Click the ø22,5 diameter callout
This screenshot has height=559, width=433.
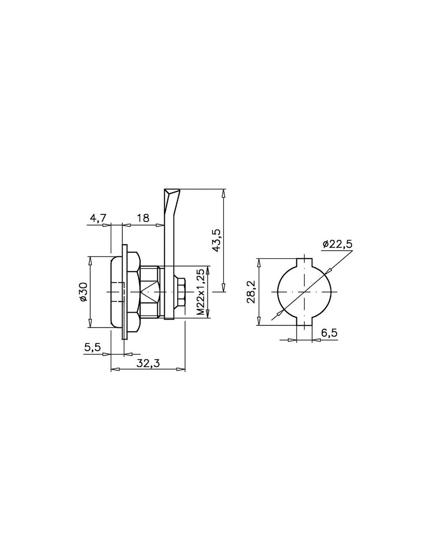click(x=337, y=243)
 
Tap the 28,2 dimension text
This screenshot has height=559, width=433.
click(x=252, y=292)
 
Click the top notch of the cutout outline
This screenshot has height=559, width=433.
click(x=304, y=263)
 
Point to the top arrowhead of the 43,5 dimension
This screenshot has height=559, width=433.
click(x=224, y=193)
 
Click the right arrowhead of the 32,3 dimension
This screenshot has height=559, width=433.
click(x=181, y=370)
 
